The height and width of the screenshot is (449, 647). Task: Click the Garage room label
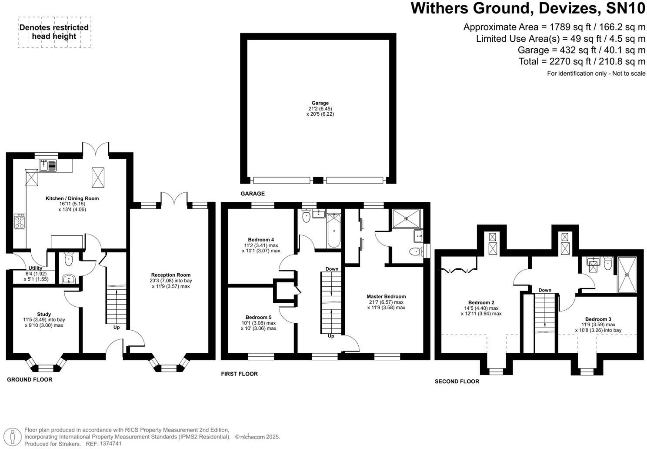320,103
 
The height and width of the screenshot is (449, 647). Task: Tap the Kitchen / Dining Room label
72,198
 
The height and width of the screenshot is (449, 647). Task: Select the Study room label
44,314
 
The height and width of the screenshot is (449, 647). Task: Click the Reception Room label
171,275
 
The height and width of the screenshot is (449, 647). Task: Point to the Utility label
35,268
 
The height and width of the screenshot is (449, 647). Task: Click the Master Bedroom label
386,296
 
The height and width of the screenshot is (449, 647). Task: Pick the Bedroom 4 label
261,240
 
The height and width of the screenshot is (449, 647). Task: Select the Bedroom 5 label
258,318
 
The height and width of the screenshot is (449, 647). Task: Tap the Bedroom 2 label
481,303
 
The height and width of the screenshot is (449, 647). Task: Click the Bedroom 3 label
598,319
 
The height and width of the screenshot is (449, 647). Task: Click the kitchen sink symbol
48,165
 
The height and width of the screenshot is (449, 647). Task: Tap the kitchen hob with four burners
20,221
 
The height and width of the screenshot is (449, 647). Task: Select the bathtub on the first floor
334,230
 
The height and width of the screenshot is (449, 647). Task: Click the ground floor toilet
68,260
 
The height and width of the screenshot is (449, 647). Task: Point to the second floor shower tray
627,275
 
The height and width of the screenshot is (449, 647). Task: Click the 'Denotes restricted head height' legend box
54,32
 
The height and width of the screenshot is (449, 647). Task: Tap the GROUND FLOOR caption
30,379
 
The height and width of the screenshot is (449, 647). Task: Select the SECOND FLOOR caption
457,382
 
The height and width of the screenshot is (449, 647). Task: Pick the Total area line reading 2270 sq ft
582,61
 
